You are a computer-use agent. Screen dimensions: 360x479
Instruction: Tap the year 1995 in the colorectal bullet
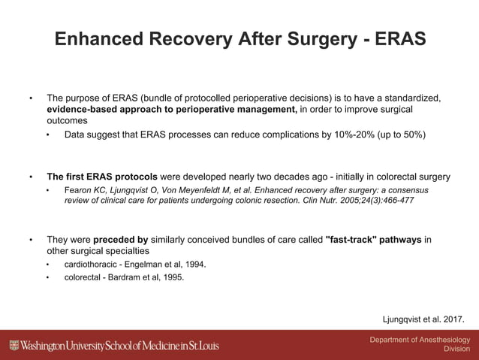(x=170, y=277)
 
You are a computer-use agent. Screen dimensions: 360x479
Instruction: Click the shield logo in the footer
(x=14, y=346)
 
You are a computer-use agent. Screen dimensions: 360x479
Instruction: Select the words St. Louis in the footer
(x=221, y=346)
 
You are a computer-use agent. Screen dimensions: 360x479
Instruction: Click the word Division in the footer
(x=456, y=349)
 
